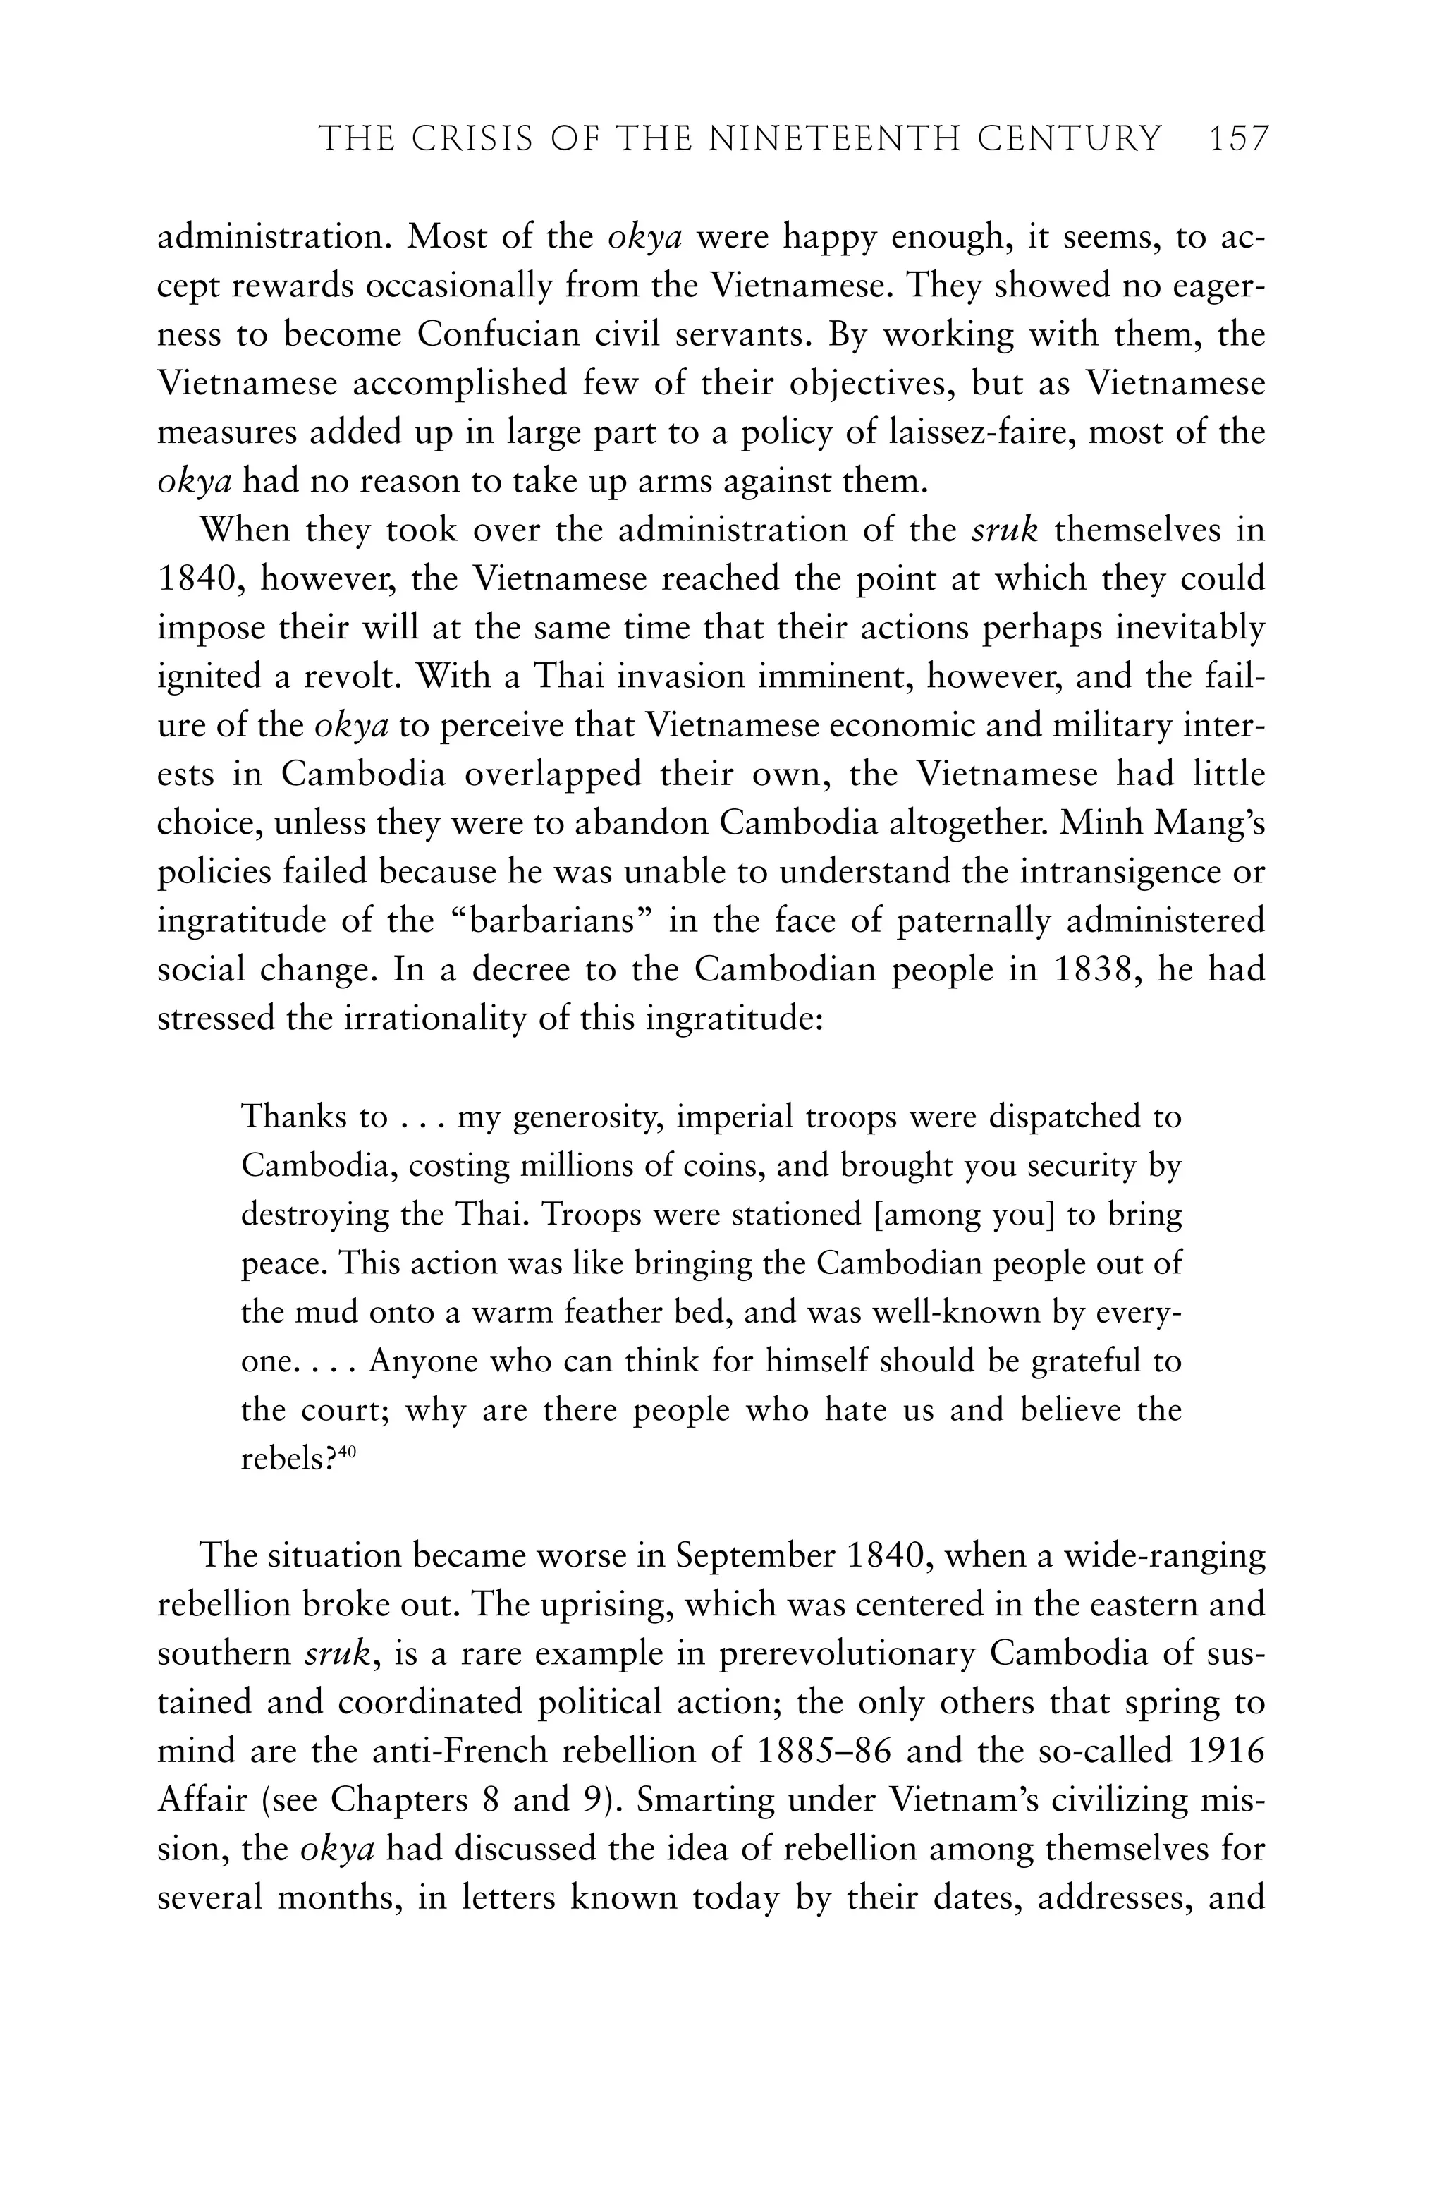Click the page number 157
click(x=1238, y=140)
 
